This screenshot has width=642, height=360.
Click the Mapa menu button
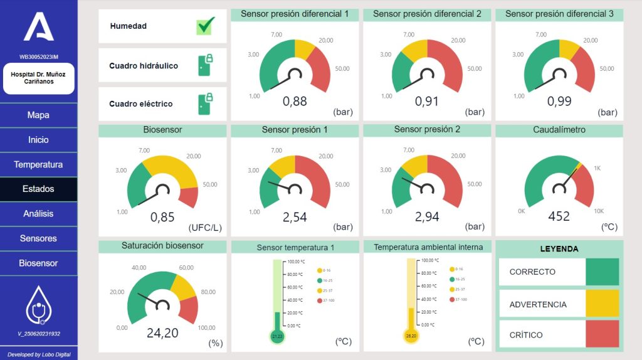coord(38,115)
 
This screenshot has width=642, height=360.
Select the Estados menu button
coord(38,189)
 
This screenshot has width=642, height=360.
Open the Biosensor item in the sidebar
coord(38,263)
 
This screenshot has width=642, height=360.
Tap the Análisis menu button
coord(38,214)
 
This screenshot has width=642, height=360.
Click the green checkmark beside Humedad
coord(205,26)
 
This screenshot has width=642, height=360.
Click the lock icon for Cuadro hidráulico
coord(205,65)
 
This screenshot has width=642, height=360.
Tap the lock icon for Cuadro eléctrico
coord(205,103)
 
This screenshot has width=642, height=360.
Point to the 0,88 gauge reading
coord(295,101)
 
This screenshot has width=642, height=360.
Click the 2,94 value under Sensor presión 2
coord(427,217)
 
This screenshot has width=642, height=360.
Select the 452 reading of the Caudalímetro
coord(559,216)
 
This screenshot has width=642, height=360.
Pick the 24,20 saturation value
coord(162,333)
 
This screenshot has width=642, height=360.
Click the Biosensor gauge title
coord(162,130)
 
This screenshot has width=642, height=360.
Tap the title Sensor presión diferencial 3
coord(559,14)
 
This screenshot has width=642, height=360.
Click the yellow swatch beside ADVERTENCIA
coord(602,304)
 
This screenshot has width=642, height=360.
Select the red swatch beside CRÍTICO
coord(602,334)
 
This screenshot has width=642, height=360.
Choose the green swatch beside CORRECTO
coord(602,272)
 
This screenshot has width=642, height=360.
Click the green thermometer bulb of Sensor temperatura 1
coord(277,337)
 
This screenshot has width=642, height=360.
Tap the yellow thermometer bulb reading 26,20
coord(411,336)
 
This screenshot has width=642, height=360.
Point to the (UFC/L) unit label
coord(206,227)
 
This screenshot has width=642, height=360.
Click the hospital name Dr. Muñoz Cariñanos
coord(38,78)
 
